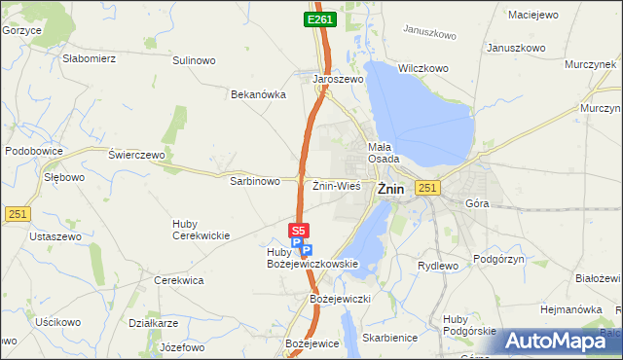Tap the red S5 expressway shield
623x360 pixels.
tap(299, 231)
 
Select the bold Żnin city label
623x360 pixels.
tap(390, 190)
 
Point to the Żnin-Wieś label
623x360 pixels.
tap(337, 185)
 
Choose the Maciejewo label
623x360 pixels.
tap(532, 15)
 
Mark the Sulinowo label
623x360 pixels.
tap(194, 60)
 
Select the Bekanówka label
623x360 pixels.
tap(257, 94)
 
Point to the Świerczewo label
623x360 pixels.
tap(137, 155)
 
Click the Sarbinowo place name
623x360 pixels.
tap(255, 181)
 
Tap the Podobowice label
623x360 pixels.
tap(34, 152)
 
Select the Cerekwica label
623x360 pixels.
tap(179, 279)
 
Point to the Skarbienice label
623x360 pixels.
tap(388, 337)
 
